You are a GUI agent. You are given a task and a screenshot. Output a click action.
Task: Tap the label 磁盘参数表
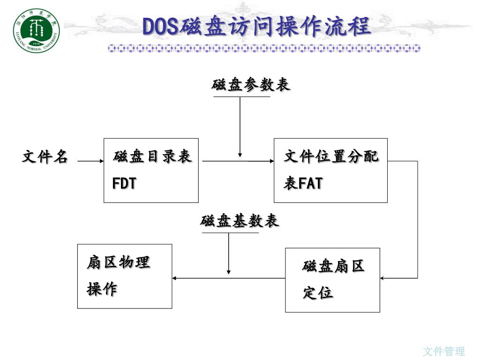(251, 85)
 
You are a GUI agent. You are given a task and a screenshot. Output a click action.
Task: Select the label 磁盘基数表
(240, 221)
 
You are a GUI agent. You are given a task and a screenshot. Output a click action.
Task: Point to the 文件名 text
(45, 157)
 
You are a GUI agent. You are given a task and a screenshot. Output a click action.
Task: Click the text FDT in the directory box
(124, 183)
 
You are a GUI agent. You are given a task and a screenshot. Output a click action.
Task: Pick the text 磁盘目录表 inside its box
(152, 157)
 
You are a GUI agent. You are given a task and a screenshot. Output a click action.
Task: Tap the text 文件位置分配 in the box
(331, 157)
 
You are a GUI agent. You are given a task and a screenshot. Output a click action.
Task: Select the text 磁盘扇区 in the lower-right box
(333, 267)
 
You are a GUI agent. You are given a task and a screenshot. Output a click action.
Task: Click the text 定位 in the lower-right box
(318, 293)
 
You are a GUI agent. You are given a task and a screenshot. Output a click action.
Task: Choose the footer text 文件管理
(443, 351)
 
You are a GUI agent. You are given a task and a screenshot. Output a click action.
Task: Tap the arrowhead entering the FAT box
(271, 161)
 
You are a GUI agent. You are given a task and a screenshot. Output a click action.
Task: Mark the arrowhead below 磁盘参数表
(240, 154)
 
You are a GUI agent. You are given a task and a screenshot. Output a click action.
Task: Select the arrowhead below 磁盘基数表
(229, 272)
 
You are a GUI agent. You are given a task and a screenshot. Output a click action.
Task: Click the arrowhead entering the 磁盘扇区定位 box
(382, 278)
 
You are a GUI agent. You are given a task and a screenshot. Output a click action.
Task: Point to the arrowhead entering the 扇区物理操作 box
(175, 278)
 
